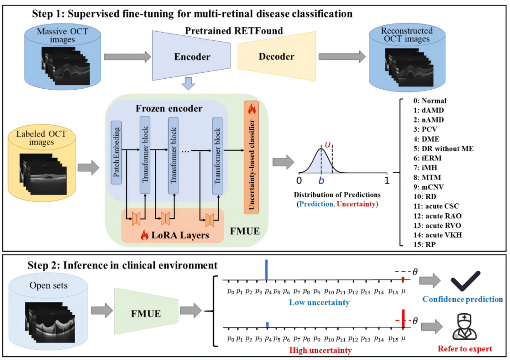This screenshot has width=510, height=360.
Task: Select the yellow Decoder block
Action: (x=276, y=57)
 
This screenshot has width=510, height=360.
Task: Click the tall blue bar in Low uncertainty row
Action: (x=267, y=270)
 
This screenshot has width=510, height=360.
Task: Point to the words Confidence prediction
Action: (x=462, y=299)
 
